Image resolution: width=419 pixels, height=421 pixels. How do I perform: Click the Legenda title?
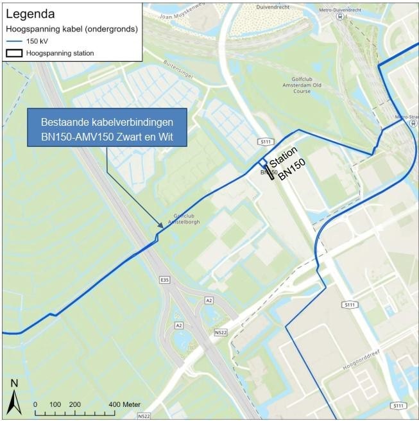tap(30, 13)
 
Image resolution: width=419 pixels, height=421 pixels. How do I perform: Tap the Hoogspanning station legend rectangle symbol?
tap(15, 53)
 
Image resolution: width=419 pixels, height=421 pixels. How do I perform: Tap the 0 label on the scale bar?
tap(35, 404)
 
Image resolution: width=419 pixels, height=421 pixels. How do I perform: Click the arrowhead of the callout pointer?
tap(160, 226)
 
